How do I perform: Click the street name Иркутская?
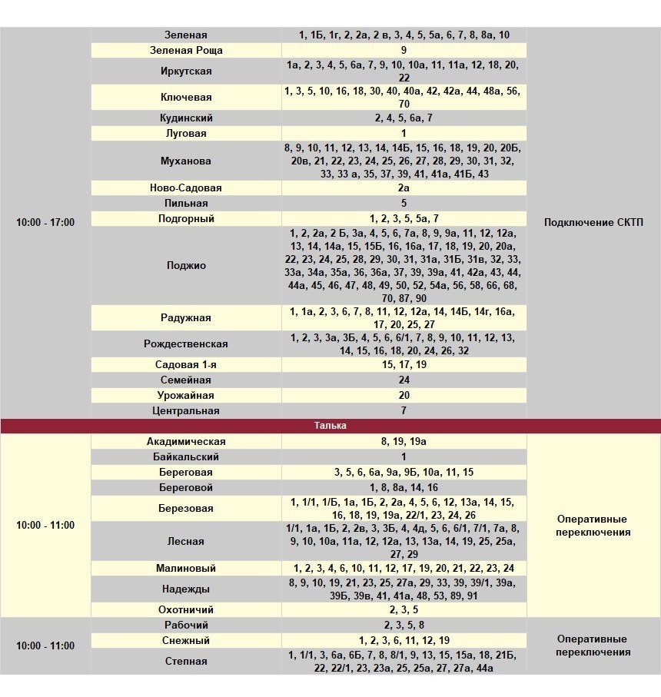click(185, 71)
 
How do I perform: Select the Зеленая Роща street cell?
click(185, 50)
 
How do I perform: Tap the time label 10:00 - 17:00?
click(45, 222)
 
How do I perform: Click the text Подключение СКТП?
click(593, 223)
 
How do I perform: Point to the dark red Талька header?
click(330, 426)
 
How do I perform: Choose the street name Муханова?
click(185, 161)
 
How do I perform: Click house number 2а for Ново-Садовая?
click(404, 188)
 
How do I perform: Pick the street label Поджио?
click(185, 266)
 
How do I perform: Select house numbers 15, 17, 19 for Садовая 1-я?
click(404, 365)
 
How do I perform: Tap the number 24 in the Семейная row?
click(404, 380)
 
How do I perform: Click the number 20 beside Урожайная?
click(404, 396)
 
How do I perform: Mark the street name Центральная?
click(185, 411)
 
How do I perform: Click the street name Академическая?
click(185, 442)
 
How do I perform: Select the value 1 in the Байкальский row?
click(404, 457)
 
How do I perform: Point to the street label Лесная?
click(185, 542)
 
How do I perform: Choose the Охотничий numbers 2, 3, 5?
click(404, 609)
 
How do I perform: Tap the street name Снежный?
click(185, 640)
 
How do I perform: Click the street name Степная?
click(185, 661)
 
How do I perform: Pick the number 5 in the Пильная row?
click(404, 204)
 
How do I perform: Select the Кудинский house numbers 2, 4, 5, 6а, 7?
click(404, 118)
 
